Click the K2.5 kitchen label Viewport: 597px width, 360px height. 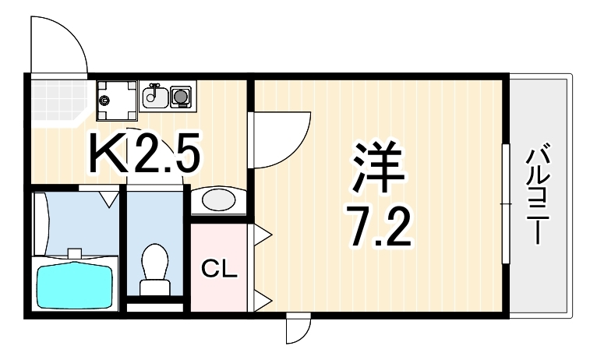click(145, 153)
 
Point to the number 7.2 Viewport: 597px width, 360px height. click(378, 228)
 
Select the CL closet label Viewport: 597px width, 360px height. click(219, 269)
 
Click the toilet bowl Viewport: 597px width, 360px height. click(154, 263)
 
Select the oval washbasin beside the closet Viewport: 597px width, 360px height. click(218, 199)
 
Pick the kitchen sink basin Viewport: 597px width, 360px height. click(155, 97)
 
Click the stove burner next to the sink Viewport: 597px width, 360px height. click(181, 97)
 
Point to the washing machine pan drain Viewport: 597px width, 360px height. click(104, 101)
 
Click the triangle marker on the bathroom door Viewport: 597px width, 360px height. click(109, 199)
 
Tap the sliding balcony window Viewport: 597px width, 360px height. click(506, 203)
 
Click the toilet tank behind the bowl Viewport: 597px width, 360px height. click(154, 288)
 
